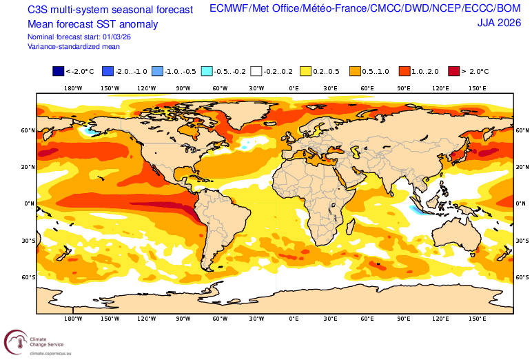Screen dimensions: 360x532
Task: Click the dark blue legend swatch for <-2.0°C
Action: pyautogui.click(x=59, y=71)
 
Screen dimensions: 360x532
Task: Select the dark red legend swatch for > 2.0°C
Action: pyautogui.click(x=455, y=71)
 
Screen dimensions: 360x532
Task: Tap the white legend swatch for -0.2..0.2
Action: pyautogui.click(x=257, y=71)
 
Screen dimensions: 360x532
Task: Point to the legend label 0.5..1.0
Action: pyautogui.click(x=376, y=71)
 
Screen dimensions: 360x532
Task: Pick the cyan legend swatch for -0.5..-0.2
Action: pyautogui.click(x=207, y=71)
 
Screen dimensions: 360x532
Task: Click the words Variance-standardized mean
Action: pyautogui.click(x=74, y=46)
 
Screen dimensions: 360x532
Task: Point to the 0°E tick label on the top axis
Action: pyautogui.click(x=294, y=88)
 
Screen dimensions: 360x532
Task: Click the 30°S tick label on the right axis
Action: pyautogui.click(x=522, y=241)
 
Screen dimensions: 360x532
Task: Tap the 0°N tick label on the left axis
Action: pyautogui.click(x=29, y=203)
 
